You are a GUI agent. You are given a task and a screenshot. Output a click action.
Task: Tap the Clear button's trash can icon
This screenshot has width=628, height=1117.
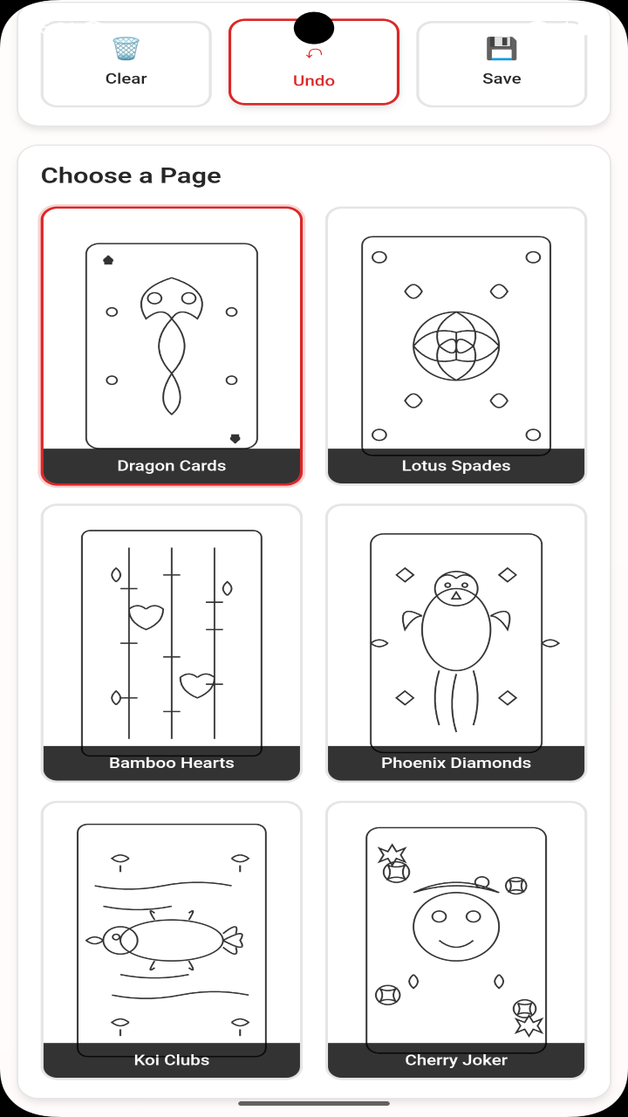pyautogui.click(x=126, y=48)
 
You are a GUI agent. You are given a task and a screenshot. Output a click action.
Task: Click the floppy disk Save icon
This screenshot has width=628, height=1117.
pyautogui.click(x=502, y=48)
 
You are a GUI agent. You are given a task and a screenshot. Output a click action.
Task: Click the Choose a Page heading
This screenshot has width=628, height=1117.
pyautogui.click(x=131, y=175)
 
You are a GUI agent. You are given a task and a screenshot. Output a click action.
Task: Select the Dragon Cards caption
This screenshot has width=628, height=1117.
pyautogui.click(x=172, y=465)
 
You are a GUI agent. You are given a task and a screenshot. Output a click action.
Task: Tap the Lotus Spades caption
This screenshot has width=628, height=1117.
pyautogui.click(x=456, y=465)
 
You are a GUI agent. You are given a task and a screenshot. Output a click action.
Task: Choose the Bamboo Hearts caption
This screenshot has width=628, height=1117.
pyautogui.click(x=172, y=763)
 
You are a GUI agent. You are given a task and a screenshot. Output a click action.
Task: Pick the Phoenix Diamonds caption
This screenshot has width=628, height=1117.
pyautogui.click(x=456, y=763)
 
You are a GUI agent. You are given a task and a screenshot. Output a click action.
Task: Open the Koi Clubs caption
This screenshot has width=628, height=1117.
pyautogui.click(x=172, y=1059)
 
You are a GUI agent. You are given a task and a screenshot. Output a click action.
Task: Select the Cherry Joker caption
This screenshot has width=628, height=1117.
pyautogui.click(x=456, y=1059)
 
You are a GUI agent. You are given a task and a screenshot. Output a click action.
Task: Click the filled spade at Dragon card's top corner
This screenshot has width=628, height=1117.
pyautogui.click(x=108, y=260)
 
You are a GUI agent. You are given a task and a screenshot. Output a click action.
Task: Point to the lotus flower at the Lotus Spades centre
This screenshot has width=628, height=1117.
pyautogui.click(x=456, y=346)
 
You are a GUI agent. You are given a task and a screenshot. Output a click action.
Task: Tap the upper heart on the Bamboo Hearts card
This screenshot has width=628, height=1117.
pyautogui.click(x=146, y=617)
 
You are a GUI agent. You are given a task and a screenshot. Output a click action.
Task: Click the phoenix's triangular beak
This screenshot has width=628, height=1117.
pyautogui.click(x=456, y=595)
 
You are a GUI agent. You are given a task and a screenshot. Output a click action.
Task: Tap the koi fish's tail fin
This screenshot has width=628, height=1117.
pyautogui.click(x=233, y=940)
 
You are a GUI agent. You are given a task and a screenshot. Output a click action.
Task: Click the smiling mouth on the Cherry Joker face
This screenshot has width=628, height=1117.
pyautogui.click(x=456, y=943)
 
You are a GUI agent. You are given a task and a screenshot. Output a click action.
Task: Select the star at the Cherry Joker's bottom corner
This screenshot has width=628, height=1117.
pyautogui.click(x=529, y=1025)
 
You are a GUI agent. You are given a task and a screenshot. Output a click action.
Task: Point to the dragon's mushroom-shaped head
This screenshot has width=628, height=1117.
pyautogui.click(x=172, y=298)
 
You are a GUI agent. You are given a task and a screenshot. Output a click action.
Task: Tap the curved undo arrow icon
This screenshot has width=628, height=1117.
pyautogui.click(x=314, y=53)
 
